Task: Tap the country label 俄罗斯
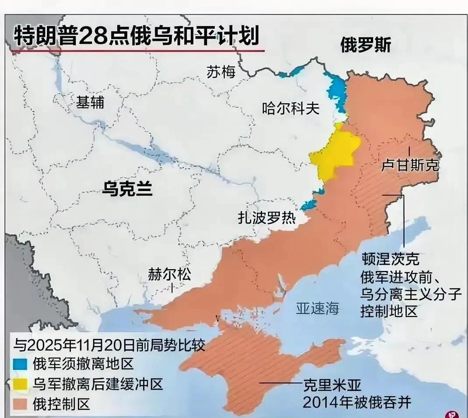pos(365,45)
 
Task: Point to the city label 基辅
pos(90,102)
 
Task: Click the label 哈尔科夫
pos(291,108)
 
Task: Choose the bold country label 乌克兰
pos(127,189)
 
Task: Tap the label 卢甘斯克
pos(410,165)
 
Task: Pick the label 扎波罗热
pos(266,218)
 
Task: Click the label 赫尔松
pos(170,275)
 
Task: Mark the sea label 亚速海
pos(318,308)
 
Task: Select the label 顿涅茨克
pos(390,259)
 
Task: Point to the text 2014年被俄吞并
pos(357,402)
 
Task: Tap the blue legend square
pos(21,364)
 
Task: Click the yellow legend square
pos(21,384)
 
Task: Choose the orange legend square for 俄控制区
pos(21,404)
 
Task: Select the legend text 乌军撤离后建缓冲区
pos(98,384)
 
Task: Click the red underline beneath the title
pos(138,51)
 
